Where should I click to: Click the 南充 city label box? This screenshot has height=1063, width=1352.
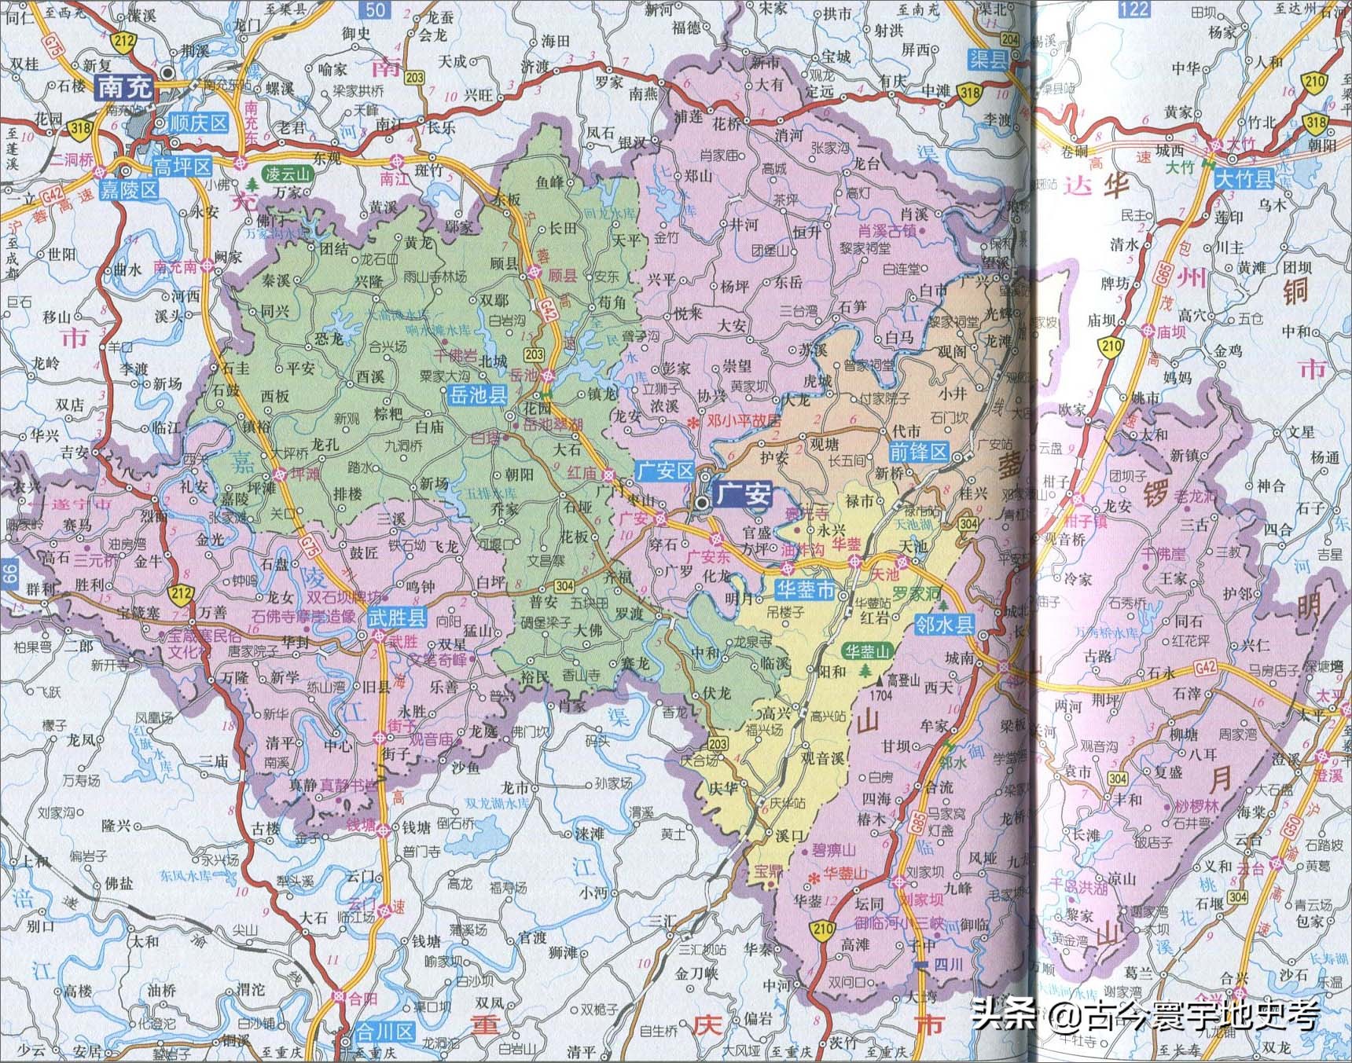click(x=124, y=87)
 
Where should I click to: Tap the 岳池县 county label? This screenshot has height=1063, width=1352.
click(x=477, y=395)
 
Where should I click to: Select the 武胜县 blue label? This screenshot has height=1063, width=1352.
click(x=397, y=618)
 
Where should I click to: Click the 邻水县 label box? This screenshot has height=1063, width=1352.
click(x=944, y=625)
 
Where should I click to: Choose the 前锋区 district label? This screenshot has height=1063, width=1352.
click(x=918, y=453)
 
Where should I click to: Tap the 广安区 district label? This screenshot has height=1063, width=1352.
click(x=664, y=471)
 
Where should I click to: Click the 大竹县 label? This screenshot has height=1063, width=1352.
click(x=1244, y=179)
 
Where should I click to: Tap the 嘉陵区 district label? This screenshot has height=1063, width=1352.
click(x=129, y=190)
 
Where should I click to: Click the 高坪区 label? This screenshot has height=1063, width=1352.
click(x=182, y=166)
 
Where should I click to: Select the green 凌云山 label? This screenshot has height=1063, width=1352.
click(x=288, y=174)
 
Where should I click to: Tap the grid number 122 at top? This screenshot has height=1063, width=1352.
click(x=1133, y=9)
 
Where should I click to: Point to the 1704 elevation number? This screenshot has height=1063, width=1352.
click(x=881, y=695)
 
